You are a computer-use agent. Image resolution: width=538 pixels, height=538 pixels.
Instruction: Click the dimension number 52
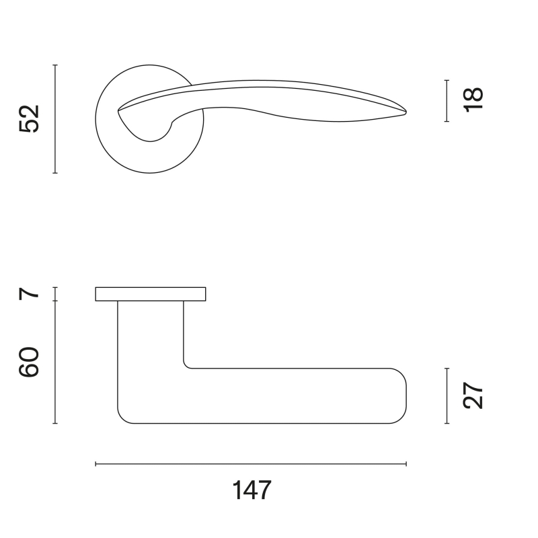(30, 119)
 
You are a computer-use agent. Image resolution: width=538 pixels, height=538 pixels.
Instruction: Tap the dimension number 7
(30, 294)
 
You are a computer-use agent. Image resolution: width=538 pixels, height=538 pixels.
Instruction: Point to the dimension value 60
(30, 362)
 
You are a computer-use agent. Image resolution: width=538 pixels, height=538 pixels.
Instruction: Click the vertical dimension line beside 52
(55, 119)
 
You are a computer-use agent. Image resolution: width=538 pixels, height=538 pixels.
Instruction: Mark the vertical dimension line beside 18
(447, 101)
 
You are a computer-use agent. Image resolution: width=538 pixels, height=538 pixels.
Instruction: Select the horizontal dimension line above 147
(252, 464)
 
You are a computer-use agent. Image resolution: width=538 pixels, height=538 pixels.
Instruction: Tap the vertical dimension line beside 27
(447, 396)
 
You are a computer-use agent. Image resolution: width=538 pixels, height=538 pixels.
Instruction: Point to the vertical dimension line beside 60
(55, 362)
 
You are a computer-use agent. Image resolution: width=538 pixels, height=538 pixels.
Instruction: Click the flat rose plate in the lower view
(150, 294)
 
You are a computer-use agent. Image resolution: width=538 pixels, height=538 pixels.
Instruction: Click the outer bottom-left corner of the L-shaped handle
(123, 418)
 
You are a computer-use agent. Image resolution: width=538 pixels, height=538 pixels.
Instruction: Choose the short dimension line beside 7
(55, 294)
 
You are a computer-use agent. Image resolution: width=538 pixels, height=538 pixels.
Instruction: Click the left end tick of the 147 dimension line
(96, 464)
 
